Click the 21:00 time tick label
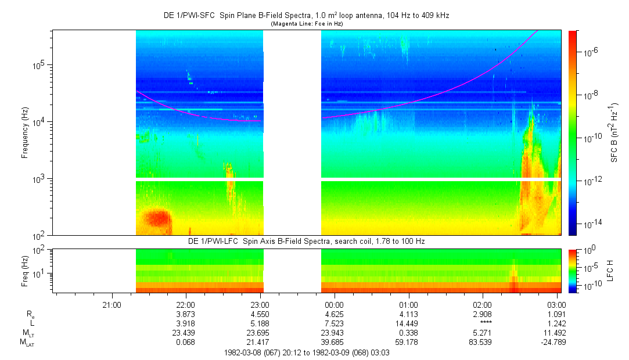point(111,304)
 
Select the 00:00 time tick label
point(334,304)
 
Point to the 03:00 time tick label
point(557,304)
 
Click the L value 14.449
point(408,322)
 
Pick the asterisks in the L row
point(483,323)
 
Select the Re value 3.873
point(185,314)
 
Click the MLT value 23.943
point(334,332)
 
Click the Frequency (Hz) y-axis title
point(25,133)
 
